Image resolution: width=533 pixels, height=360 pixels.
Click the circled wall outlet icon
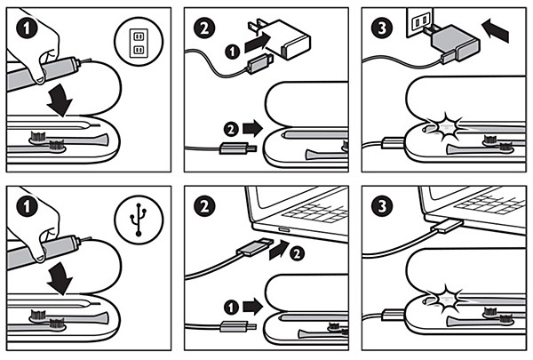[138, 41]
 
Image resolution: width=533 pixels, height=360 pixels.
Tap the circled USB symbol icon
[138, 217]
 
